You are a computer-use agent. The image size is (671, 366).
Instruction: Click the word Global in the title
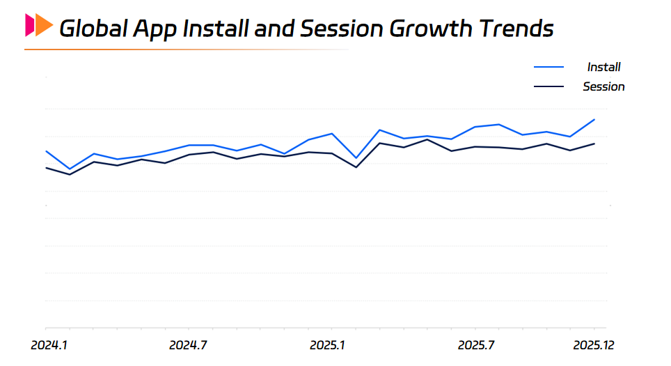[x=93, y=29]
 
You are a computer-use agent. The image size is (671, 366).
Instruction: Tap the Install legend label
[x=603, y=67]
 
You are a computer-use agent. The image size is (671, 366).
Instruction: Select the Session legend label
[x=603, y=86]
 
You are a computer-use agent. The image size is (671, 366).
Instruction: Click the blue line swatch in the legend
[x=548, y=67]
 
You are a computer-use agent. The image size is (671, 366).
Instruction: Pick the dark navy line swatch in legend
[x=548, y=86]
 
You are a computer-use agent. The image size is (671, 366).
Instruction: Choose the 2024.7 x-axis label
[x=189, y=345]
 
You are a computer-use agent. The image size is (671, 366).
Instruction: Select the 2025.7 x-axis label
[x=476, y=345]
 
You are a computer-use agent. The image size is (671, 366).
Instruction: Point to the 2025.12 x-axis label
[x=594, y=345]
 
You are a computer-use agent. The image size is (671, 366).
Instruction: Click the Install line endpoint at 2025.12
[x=594, y=119]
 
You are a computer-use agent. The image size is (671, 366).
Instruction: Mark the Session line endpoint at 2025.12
[x=594, y=144]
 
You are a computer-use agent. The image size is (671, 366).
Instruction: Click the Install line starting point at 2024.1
[x=46, y=151]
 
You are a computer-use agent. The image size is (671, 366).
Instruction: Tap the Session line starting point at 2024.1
[x=46, y=168]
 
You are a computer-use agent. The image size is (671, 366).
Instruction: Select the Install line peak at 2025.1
[x=332, y=133]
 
